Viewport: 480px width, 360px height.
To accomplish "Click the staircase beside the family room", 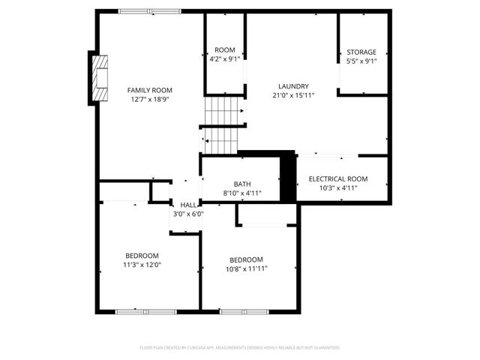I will point(224,124).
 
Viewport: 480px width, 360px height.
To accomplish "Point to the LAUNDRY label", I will point(293,86).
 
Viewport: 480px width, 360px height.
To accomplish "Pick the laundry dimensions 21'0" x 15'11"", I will point(293,95).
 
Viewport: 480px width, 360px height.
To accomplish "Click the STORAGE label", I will point(361,52).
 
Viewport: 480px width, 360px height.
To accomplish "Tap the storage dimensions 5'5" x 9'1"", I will point(361,61).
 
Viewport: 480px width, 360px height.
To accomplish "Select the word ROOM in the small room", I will point(225,51).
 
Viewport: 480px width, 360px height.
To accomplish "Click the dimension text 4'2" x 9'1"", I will point(225,60).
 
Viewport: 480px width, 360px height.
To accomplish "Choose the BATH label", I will point(242,184).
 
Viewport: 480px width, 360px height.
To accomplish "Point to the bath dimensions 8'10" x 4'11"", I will point(242,193).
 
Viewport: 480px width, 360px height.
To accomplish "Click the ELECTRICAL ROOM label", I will point(338,178).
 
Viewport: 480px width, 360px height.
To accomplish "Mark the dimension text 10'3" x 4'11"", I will point(338,187).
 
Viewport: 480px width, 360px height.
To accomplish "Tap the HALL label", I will point(188,205).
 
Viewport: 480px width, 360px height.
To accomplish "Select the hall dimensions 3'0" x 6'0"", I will point(188,214).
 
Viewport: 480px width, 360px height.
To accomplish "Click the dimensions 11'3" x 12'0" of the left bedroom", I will point(142,264).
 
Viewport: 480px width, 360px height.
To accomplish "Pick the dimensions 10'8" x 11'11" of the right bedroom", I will point(247,268).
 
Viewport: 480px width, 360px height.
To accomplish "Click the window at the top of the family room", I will point(148,10).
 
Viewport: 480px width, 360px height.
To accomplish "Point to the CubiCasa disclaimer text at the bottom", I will point(239,347).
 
